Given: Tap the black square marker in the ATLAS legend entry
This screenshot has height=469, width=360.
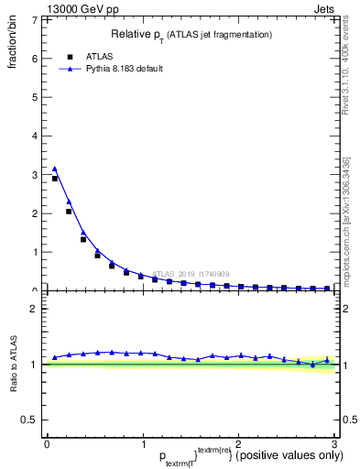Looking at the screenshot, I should (x=70, y=56).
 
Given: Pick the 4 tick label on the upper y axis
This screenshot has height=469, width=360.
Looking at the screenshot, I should (x=34, y=136).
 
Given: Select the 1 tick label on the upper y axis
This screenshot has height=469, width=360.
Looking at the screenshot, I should (x=34, y=252).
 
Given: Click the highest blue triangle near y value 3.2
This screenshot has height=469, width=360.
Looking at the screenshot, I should (x=55, y=169).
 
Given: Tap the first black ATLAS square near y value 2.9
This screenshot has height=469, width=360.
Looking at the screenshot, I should (x=55, y=179).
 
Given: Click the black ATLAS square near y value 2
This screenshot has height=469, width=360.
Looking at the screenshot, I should (x=69, y=212).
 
